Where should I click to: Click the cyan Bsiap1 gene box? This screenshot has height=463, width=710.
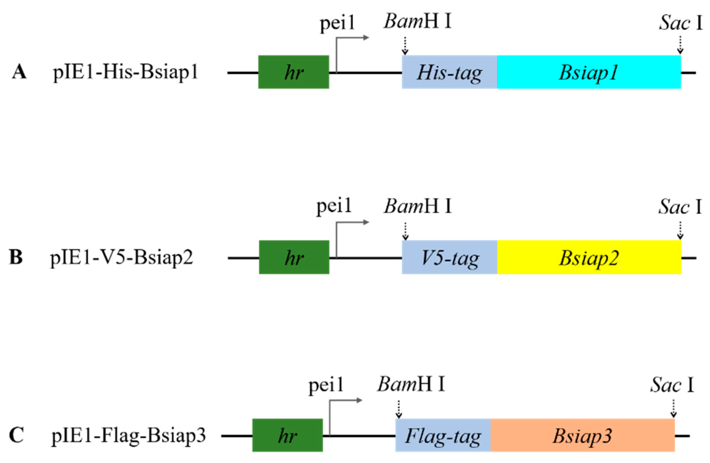tap(589, 72)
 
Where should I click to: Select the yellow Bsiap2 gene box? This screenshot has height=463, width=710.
tap(589, 257)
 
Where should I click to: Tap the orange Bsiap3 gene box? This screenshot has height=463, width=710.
tap(582, 435)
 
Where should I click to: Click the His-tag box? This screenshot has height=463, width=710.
tap(449, 72)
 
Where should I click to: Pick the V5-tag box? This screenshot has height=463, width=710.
tap(449, 257)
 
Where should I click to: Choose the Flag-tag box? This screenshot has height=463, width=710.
tap(443, 435)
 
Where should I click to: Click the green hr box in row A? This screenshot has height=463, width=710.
tap(294, 72)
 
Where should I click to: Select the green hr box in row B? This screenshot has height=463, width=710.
tap(294, 257)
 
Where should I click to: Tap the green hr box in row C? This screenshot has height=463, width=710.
tap(287, 435)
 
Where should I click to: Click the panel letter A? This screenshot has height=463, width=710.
tap(19, 73)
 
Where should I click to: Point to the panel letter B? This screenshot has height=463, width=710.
tap(16, 257)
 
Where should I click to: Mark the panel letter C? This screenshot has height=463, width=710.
tap(16, 435)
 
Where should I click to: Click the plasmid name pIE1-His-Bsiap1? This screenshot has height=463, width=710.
tap(126, 73)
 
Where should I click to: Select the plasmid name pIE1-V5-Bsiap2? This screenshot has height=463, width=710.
tap(122, 258)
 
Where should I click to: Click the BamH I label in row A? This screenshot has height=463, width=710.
tap(417, 22)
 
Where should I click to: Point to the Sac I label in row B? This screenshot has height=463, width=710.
tap(680, 207)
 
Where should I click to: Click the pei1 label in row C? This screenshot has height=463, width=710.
tap(326, 385)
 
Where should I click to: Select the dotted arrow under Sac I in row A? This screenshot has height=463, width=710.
tap(680, 45)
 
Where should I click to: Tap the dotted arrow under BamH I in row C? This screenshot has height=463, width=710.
tap(399, 409)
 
